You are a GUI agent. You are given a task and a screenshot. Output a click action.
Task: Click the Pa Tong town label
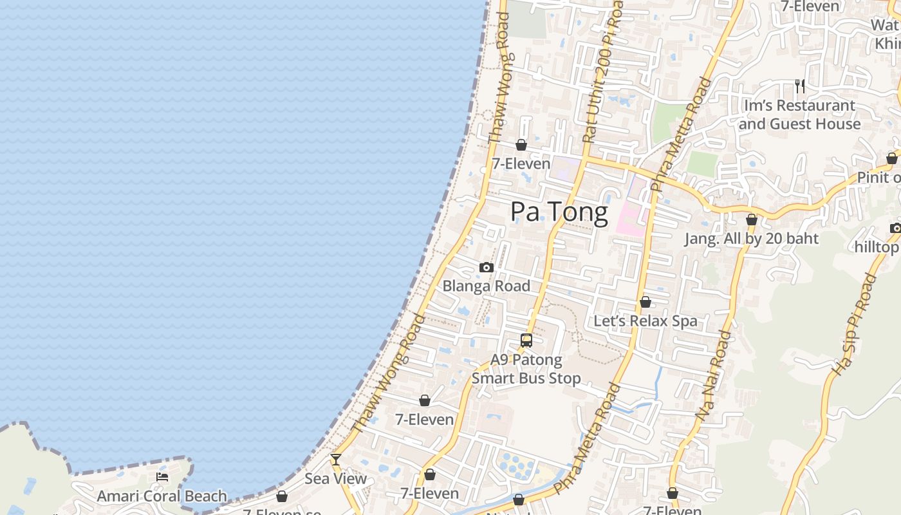[559, 212]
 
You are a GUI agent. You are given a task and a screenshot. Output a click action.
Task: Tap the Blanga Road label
[486, 286]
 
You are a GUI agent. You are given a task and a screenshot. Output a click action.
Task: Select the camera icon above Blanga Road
[487, 267]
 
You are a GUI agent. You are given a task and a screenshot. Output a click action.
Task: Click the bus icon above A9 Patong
[526, 341]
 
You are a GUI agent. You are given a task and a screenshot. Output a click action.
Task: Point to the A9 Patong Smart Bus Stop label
[526, 369]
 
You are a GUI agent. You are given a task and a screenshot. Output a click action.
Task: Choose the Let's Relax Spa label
[645, 321]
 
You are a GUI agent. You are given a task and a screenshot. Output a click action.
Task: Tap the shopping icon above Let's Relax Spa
[646, 302]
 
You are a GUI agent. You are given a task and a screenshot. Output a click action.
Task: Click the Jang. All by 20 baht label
[751, 239]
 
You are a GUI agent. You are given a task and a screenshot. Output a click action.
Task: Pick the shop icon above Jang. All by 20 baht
[751, 220]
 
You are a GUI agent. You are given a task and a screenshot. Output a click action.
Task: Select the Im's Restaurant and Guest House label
[799, 115]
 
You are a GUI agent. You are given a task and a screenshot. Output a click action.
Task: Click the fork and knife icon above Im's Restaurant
[800, 86]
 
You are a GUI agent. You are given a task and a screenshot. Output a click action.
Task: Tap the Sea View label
[335, 478]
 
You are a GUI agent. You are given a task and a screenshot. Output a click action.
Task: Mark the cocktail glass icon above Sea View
[335, 460]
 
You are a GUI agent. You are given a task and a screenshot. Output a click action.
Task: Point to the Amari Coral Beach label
[162, 496]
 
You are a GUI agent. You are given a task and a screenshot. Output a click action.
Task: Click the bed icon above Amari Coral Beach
[162, 477]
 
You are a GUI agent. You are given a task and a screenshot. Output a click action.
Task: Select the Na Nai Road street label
[714, 377]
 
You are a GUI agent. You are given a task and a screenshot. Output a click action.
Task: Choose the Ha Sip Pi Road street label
[855, 325]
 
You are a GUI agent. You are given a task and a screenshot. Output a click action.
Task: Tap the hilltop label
[877, 247]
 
